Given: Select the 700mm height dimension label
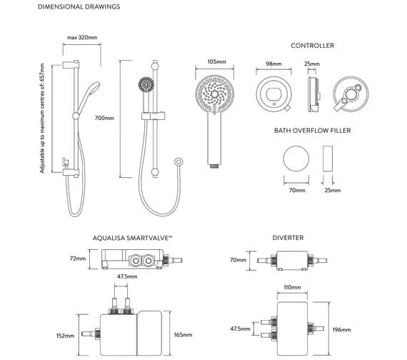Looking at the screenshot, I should point(104,119).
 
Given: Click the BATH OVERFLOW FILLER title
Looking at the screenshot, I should point(313,131).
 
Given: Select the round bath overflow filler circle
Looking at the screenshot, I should point(296,159).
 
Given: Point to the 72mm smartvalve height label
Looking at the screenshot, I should point(79,260).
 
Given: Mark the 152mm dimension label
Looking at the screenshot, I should point(65,336).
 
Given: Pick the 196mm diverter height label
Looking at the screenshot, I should point(342,329).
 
